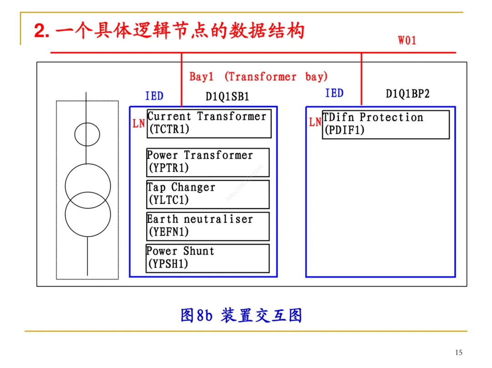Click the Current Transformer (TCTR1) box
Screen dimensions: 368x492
pos(209,123)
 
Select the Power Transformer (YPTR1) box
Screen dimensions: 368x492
pos(207,162)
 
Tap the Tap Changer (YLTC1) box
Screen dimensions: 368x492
pos(207,194)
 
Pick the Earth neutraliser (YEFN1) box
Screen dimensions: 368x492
pos(207,226)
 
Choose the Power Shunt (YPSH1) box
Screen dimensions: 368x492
pos(207,258)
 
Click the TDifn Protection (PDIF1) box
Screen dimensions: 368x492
pos(385,124)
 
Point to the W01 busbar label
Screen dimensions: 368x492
pos(407,40)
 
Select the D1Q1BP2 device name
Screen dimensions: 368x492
pos(408,94)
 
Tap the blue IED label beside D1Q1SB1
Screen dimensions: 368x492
pos(154,96)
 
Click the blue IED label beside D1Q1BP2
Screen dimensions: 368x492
pos(334,93)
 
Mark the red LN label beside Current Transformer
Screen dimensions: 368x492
pos(138,123)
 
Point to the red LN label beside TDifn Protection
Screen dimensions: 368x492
pos(315,122)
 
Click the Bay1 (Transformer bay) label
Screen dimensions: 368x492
pos(258,77)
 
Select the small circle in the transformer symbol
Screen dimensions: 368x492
pos(87,134)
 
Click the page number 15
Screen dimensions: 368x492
pos(458,353)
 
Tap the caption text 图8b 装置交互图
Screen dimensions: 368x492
pos(241,315)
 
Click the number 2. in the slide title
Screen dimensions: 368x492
pos(41,31)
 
